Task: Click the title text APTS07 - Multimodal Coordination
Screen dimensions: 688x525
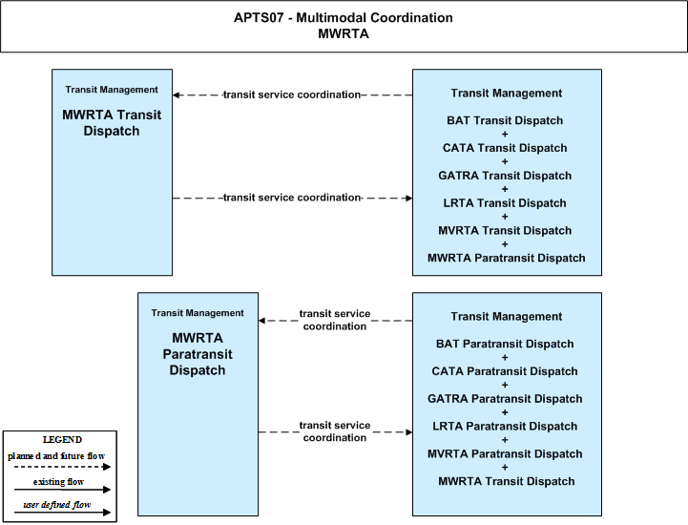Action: (x=344, y=17)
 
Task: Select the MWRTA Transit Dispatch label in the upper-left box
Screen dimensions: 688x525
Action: (x=112, y=123)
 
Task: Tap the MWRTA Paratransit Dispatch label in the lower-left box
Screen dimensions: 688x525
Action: (x=198, y=354)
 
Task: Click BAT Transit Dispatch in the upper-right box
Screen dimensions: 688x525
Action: (x=505, y=120)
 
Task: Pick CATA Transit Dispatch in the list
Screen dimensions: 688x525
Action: (x=505, y=148)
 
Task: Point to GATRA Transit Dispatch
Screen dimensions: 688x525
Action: (x=505, y=176)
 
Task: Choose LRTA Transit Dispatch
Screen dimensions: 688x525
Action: (x=505, y=202)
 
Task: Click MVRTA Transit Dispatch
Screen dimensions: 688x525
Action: (x=505, y=230)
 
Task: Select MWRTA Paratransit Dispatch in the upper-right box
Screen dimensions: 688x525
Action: (x=507, y=258)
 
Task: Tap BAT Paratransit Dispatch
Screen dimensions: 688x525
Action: (x=505, y=344)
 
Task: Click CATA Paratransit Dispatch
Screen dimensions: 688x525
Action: (x=505, y=371)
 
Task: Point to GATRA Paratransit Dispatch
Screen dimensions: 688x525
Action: (x=505, y=399)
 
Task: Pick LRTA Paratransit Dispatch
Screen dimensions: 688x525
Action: (x=505, y=427)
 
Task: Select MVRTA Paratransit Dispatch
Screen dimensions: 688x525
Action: (x=505, y=454)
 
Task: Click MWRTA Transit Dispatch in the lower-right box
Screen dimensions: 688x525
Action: (x=507, y=481)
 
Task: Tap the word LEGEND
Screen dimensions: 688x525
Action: (x=62, y=440)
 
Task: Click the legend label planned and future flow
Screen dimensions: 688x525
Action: (x=56, y=456)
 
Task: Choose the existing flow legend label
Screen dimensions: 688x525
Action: (x=58, y=482)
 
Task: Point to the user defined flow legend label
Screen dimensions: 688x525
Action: (x=57, y=505)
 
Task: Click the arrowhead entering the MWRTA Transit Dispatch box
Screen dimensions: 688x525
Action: (x=176, y=94)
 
